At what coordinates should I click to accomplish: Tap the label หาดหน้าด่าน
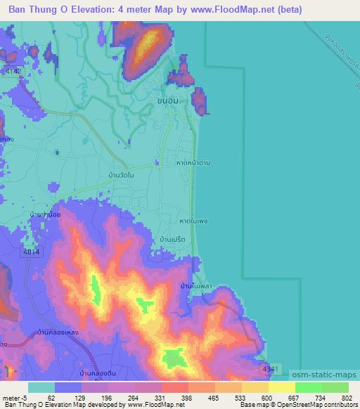click(194, 162)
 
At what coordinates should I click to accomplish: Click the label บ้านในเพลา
click(196, 286)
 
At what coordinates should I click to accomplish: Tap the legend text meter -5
click(14, 398)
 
